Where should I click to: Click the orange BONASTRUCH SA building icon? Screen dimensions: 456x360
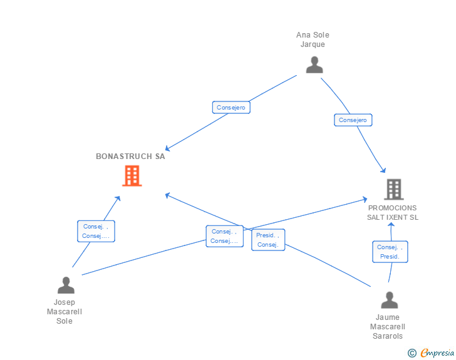click(x=132, y=176)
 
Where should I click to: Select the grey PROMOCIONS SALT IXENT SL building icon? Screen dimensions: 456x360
click(x=394, y=189)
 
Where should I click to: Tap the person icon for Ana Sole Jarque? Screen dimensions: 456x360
click(x=314, y=65)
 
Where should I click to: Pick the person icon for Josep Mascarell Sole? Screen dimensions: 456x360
click(x=66, y=285)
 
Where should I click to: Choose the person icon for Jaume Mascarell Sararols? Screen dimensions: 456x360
click(x=390, y=300)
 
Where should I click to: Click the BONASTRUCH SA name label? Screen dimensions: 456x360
click(x=130, y=157)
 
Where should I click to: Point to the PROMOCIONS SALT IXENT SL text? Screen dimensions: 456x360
click(x=393, y=213)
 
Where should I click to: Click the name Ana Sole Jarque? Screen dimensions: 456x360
click(x=313, y=39)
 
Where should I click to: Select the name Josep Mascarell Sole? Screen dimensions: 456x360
click(x=65, y=312)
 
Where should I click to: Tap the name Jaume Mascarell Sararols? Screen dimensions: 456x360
click(x=388, y=327)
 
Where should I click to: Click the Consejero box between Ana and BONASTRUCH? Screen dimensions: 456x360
click(x=231, y=107)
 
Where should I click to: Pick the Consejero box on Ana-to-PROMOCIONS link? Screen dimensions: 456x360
click(x=353, y=120)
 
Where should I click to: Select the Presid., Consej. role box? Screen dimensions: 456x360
click(x=268, y=240)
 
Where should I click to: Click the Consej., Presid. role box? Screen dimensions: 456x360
click(x=390, y=252)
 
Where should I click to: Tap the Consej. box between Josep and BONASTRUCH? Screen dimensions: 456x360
click(x=96, y=231)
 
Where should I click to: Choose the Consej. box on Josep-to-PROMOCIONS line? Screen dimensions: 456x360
click(x=224, y=236)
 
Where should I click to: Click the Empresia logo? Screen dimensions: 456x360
click(x=437, y=352)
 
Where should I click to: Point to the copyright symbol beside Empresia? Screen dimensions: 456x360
click(x=412, y=353)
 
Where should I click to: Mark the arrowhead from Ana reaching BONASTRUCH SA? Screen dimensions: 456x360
click(x=167, y=148)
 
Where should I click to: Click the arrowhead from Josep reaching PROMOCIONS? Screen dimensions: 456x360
click(x=365, y=200)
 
